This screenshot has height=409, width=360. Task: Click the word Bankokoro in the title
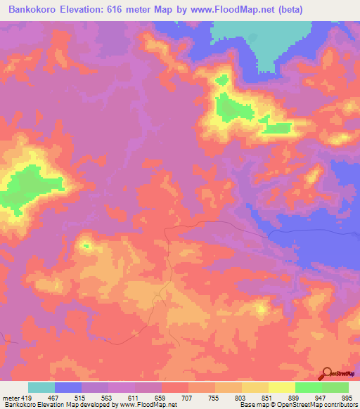point(34,8)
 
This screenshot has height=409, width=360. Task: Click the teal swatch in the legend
point(41,387)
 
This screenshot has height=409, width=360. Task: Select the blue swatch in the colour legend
point(68,387)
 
